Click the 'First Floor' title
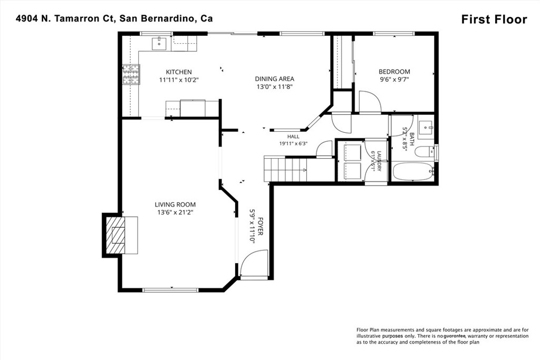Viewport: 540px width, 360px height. point(494,20)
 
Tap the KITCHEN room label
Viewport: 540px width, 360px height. point(179,72)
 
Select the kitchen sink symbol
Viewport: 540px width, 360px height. point(159,43)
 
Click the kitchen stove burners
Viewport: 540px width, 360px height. point(131,75)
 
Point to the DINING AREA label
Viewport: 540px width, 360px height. point(274,79)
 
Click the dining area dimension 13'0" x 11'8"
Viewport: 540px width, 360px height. point(274,87)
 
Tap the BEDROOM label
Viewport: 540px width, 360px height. point(394,72)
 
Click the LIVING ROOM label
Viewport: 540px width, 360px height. point(175,205)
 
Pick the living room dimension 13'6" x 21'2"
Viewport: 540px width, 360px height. point(175,213)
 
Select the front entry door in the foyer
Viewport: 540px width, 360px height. point(254,264)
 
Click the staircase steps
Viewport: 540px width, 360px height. point(285,169)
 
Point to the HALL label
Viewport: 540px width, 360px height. point(293,137)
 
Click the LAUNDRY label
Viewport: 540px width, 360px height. point(379,161)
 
